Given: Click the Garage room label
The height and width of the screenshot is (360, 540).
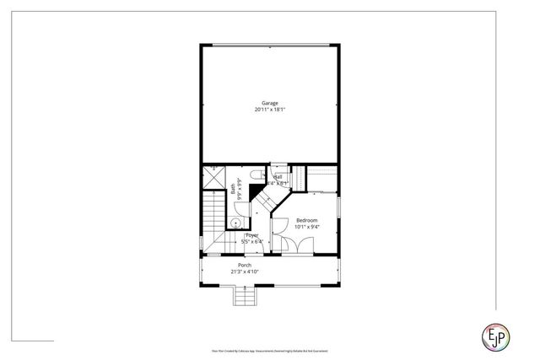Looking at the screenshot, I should [x=270, y=103].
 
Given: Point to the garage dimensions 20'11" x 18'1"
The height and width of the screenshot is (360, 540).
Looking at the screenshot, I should [x=270, y=110].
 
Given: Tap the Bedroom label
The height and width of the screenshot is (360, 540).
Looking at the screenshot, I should [x=306, y=220].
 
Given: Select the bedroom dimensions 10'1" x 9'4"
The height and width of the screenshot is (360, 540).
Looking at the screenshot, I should [x=306, y=227].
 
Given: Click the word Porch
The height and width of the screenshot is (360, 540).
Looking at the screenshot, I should [x=244, y=265].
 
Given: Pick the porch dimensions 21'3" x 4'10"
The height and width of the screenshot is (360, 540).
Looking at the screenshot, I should [x=244, y=271].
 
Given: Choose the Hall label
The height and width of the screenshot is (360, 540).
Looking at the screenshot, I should [x=278, y=176].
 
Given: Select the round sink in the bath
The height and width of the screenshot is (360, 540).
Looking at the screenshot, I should [x=236, y=223].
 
